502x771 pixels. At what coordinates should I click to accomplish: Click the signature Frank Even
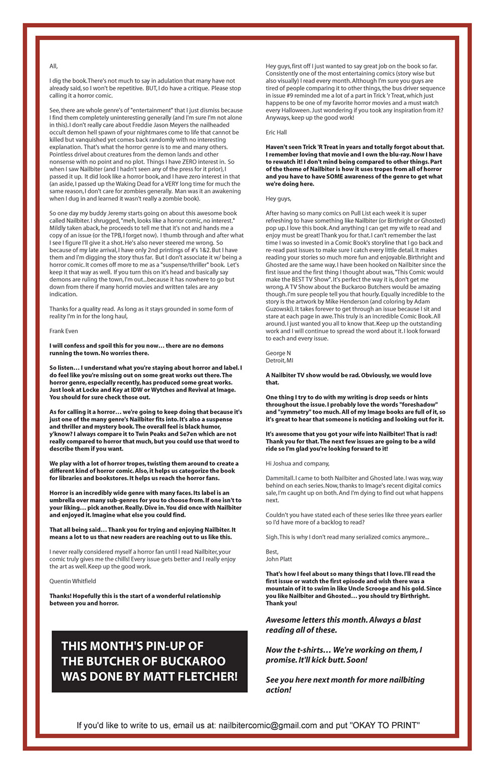[64, 331]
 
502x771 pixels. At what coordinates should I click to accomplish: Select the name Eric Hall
[276, 132]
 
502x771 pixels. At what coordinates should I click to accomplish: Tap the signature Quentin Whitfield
[73, 581]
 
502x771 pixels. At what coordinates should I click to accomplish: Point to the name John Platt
[279, 559]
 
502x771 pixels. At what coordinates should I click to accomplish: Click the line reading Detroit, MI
[280, 361]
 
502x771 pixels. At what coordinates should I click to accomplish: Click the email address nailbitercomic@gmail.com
[268, 725]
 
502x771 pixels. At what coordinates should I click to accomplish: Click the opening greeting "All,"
[53, 66]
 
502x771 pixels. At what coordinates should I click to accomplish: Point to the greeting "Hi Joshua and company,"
[297, 464]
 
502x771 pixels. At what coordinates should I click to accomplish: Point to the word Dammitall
[280, 478]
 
